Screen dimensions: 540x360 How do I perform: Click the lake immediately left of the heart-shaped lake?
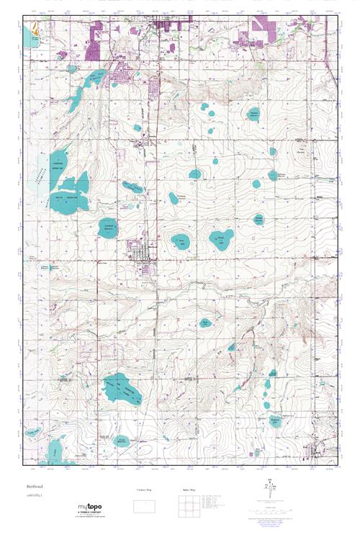[180, 241]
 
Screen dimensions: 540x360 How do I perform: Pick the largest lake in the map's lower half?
[121, 390]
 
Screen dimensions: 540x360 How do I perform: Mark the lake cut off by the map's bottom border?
[52, 454]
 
